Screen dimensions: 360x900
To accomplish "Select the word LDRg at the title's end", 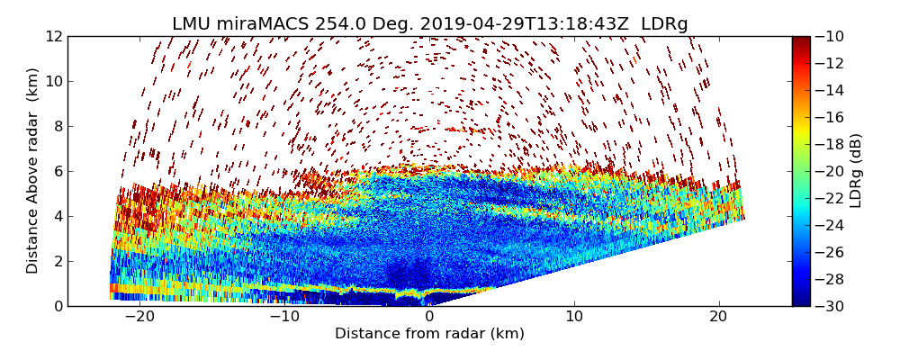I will pyautogui.click(x=664, y=24).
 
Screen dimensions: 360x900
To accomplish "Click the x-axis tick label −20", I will pyautogui.click(x=139, y=317).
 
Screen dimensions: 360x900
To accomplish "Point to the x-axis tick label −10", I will pyautogui.click(x=284, y=317).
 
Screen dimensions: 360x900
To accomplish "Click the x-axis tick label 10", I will pyautogui.click(x=574, y=317).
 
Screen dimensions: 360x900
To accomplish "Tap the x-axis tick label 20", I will pyautogui.click(x=718, y=317).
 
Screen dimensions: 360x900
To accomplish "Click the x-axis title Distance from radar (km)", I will pyautogui.click(x=429, y=334).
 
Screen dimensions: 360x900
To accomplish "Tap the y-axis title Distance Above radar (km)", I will pyautogui.click(x=33, y=170).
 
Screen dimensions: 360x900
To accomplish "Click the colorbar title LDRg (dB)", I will pyautogui.click(x=856, y=170).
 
